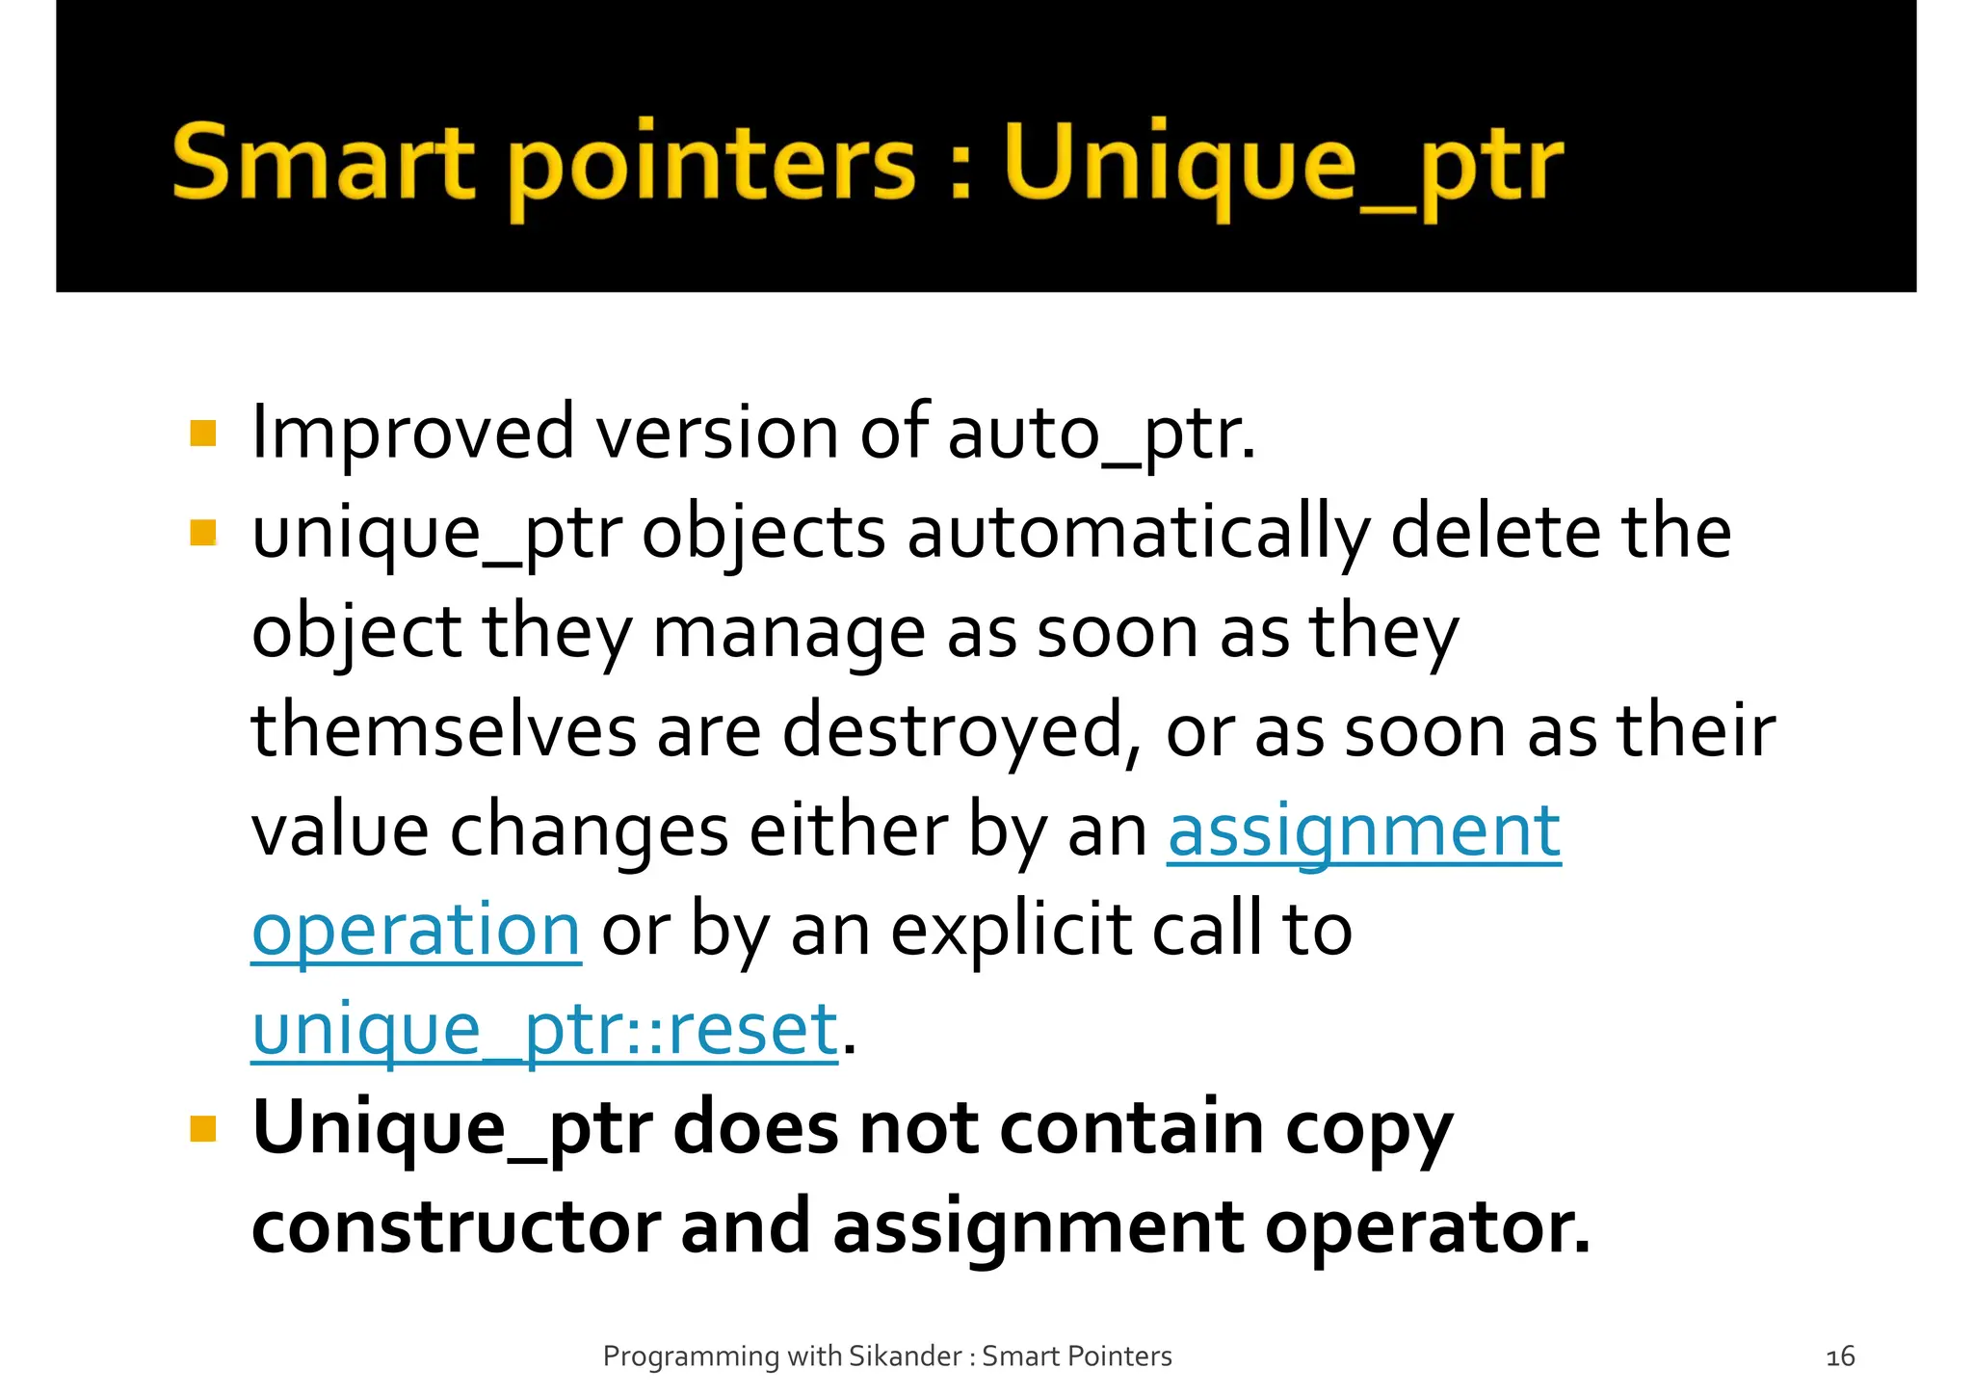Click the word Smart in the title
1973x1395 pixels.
coord(324,162)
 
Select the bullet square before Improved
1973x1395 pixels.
coord(203,434)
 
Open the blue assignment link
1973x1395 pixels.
coord(1363,831)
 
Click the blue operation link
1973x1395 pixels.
coord(415,931)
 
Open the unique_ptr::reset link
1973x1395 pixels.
coord(544,1030)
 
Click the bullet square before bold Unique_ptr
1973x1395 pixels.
coord(203,1127)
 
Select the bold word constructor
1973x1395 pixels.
coord(456,1227)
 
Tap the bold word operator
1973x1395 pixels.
coord(1427,1229)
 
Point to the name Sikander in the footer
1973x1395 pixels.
coord(905,1356)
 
